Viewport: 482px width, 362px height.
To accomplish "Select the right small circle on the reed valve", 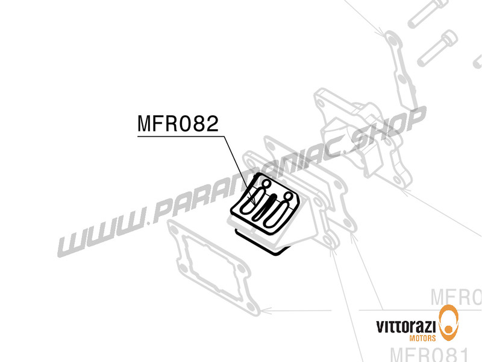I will coord(289,197).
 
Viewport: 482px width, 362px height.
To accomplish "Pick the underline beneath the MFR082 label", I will coord(181,137).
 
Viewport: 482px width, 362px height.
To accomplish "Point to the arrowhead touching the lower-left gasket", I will coord(268,311).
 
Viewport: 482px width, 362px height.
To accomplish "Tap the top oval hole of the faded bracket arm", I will coord(392,40).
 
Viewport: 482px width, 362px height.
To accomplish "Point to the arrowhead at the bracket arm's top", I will coord(383,33).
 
